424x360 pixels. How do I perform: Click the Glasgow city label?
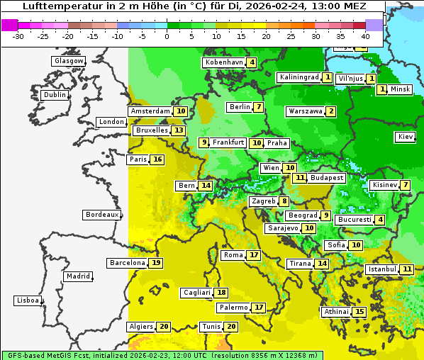pos(69,61)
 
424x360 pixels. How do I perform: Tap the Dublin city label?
pos(55,95)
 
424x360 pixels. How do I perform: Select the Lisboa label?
pos(28,300)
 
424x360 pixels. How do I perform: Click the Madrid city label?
pos(77,276)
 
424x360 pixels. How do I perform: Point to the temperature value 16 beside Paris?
pos(157,159)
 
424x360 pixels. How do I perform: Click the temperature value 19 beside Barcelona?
pos(156,263)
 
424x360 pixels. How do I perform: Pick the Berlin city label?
pos(240,107)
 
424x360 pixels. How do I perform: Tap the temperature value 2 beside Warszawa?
pos(330,111)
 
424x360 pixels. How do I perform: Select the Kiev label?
pos(406,137)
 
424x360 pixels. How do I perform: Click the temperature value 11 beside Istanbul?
pos(407,269)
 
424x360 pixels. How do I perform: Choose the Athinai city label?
pos(336,312)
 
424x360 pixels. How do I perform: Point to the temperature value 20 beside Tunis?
pos(230,327)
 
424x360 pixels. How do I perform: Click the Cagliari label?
pos(196,293)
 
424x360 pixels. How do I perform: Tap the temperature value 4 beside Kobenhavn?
pos(252,62)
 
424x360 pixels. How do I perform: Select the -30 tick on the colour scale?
pos(18,35)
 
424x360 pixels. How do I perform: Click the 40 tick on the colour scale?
pos(365,35)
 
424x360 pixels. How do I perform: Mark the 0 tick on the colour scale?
pos(167,35)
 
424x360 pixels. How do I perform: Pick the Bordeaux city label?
pos(101,215)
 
